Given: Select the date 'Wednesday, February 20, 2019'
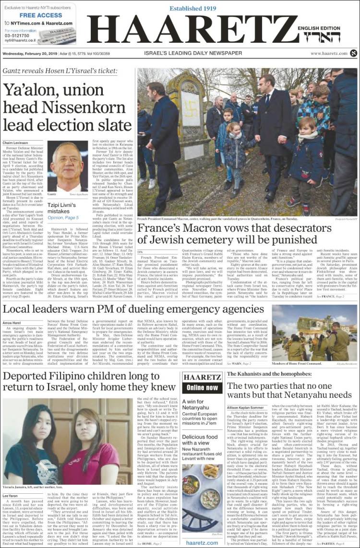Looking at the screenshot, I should pyautogui.click(x=33, y=53).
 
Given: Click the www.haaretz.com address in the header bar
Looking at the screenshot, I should pyautogui.click(x=328, y=53).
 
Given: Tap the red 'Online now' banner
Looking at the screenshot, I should pyautogui.click(x=202, y=387).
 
